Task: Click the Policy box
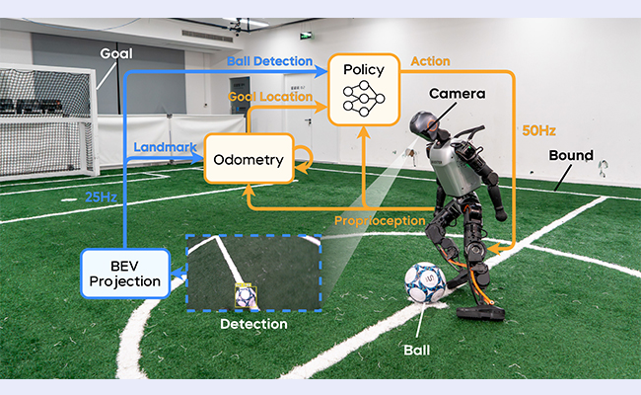[364, 89]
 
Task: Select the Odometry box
[249, 158]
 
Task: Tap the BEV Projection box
[125, 274]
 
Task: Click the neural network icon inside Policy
[364, 98]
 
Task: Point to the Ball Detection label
[270, 61]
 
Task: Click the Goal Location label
[270, 97]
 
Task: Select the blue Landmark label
[165, 147]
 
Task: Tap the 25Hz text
[101, 197]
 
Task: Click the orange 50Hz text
[538, 131]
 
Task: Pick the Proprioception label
[380, 221]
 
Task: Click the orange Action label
[431, 61]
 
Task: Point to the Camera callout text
[457, 94]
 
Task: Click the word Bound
[571, 156]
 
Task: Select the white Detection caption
[253, 324]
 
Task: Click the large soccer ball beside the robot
[425, 282]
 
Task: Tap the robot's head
[426, 124]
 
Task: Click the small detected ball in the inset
[246, 296]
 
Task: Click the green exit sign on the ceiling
[306, 36]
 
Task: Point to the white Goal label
[116, 53]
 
